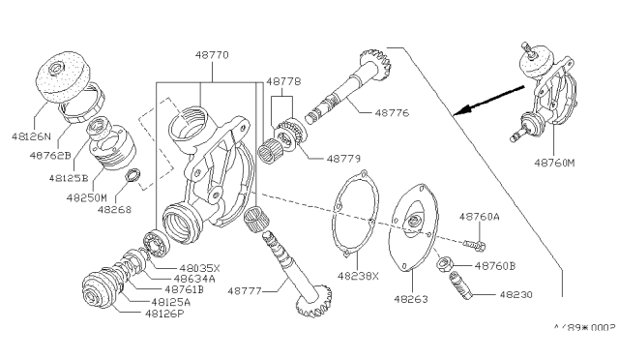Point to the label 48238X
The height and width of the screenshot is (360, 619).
click(359, 274)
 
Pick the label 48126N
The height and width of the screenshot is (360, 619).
click(31, 123)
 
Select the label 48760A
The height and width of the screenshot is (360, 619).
click(481, 217)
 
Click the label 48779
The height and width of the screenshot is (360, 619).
click(344, 157)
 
